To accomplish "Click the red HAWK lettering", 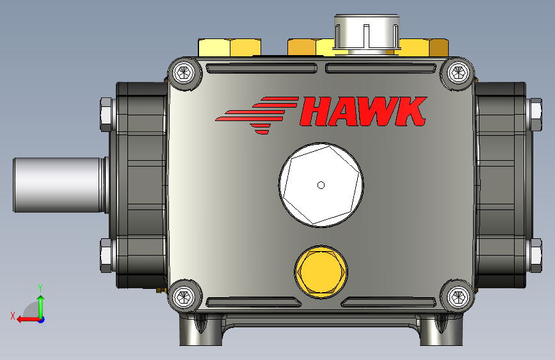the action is pos(364,111).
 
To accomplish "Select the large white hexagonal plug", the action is pos(321,185).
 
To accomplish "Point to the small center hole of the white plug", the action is pos(321,185).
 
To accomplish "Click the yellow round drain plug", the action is pos(321,272).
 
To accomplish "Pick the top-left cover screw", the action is pos(184,74).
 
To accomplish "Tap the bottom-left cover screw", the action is pos(184,297).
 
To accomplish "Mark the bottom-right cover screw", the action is pos(458,297).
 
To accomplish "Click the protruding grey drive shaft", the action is pos(60,185).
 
